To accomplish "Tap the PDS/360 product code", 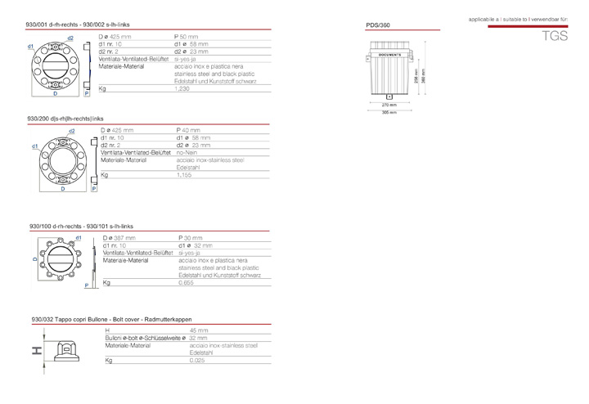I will coord(378,26).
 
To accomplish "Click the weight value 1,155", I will coord(186,176).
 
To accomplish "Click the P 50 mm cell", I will coord(186,38).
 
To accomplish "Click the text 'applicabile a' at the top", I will coord(486,17).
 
